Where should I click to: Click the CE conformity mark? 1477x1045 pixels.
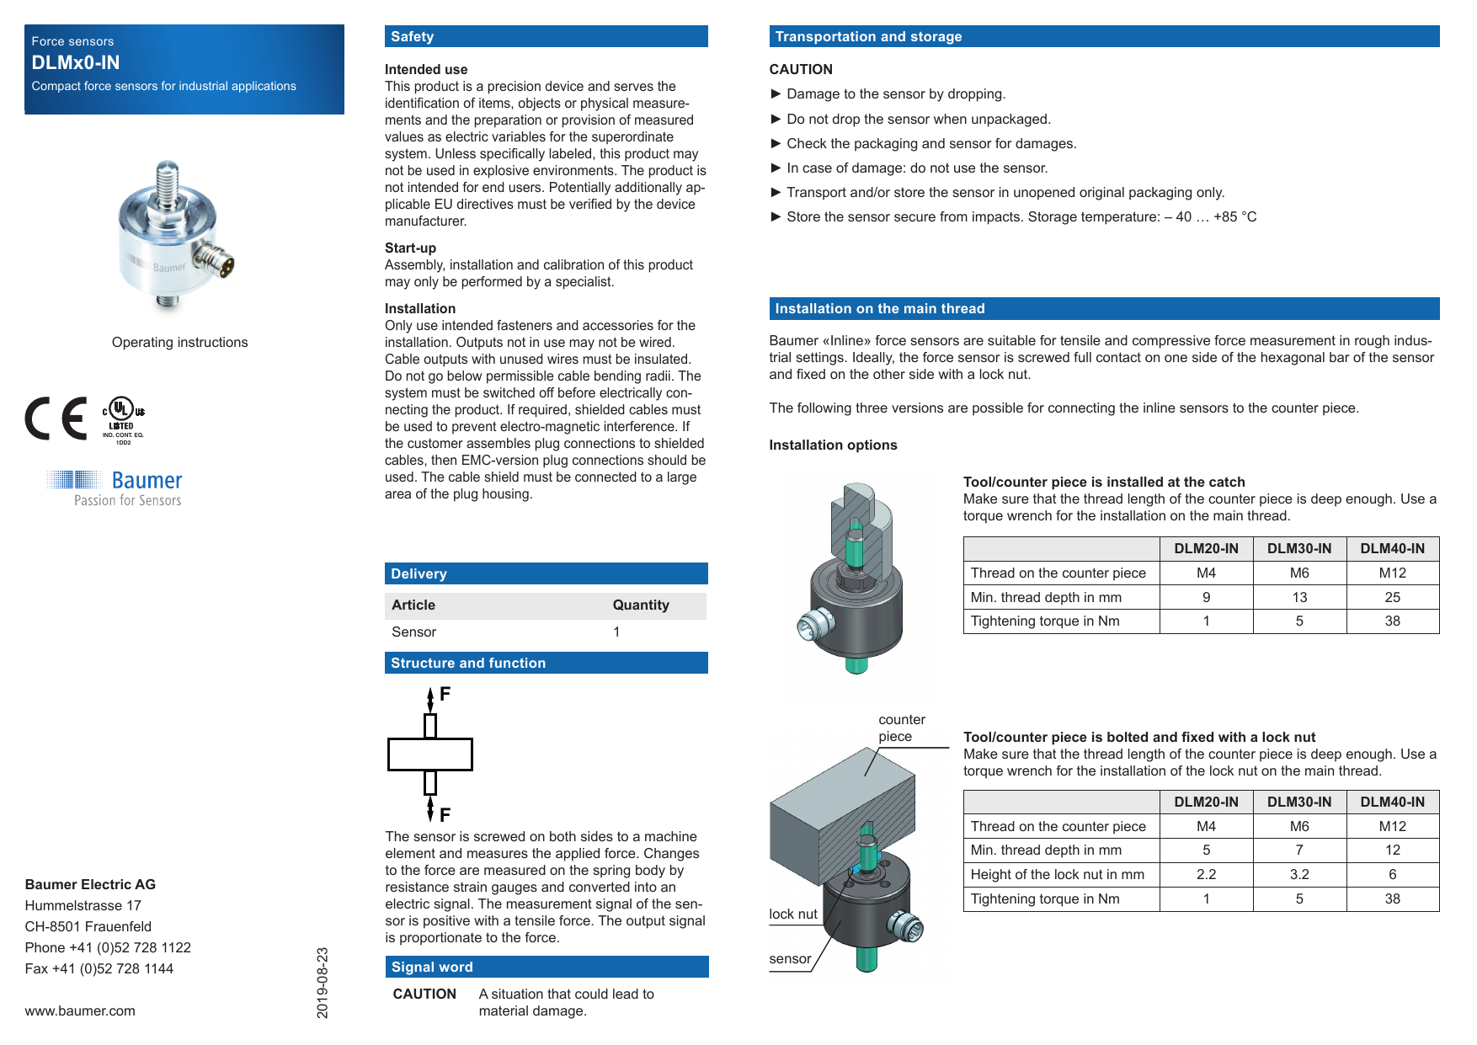point(56,419)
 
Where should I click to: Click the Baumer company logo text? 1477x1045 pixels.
point(147,480)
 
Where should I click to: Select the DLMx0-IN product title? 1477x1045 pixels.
point(76,62)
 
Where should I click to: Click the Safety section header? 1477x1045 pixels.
point(413,37)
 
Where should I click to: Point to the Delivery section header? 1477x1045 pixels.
point(419,573)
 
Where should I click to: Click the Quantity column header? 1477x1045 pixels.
point(640,605)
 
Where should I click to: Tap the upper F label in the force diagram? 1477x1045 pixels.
point(445,694)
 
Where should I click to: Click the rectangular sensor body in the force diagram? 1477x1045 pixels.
point(430,754)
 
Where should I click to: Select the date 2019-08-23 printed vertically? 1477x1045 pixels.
point(323,983)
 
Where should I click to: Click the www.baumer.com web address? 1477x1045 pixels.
point(80,1010)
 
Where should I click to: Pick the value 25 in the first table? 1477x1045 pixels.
point(1392,597)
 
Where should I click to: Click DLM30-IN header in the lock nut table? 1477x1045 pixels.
point(1298,802)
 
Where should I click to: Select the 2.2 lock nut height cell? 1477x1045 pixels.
point(1206,874)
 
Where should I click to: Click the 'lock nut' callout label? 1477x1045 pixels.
point(792,914)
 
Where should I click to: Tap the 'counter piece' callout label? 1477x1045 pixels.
point(901,728)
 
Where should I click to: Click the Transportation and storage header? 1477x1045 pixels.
point(868,37)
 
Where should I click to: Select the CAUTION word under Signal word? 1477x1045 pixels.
point(424,994)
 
